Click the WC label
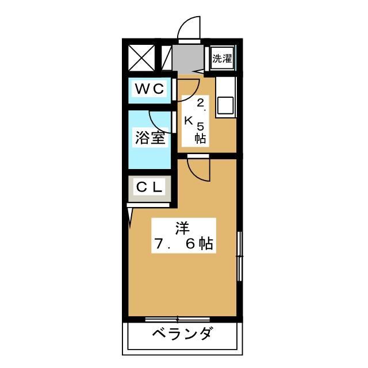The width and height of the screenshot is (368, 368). pos(149,89)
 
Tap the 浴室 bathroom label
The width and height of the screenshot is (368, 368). pos(149,139)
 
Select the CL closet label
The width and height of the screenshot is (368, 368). pos(149,187)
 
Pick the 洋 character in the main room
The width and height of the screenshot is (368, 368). pos(183,227)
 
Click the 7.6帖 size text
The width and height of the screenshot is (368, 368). pos(183,245)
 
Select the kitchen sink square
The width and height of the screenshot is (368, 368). pos(225,105)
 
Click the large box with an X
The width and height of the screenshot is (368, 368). pos(141,58)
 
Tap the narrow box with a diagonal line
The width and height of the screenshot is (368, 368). pos(166,58)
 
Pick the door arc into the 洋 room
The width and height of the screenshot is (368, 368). pos(195,169)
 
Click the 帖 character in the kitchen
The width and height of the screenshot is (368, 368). pos(200,138)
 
